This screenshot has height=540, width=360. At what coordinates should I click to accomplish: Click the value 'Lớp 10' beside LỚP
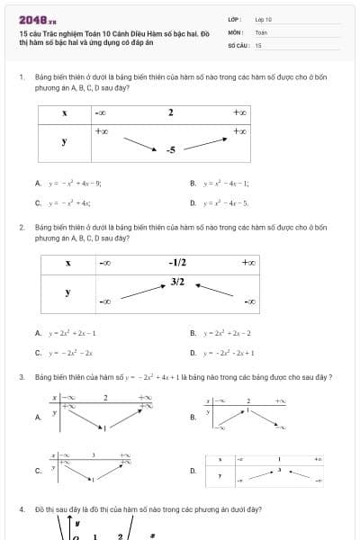click(x=263, y=19)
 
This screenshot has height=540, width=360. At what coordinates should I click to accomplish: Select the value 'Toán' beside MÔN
click(x=260, y=31)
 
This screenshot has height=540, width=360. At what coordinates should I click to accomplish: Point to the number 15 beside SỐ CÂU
click(x=258, y=44)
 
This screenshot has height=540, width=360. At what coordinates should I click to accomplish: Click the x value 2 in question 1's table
click(x=170, y=113)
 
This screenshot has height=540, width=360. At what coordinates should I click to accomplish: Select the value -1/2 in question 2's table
click(x=177, y=263)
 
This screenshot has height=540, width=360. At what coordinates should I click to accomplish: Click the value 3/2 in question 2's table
click(x=177, y=282)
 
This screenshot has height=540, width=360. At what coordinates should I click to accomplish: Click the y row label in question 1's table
click(x=64, y=141)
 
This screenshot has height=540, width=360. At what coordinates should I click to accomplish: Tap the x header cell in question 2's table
click(x=67, y=263)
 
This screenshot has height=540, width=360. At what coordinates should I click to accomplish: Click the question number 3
click(x=21, y=376)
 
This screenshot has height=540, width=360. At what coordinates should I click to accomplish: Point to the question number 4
click(x=21, y=509)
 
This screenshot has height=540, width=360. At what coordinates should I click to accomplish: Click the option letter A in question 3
click(x=37, y=417)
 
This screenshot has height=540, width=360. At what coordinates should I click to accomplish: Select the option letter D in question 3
click(x=193, y=470)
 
